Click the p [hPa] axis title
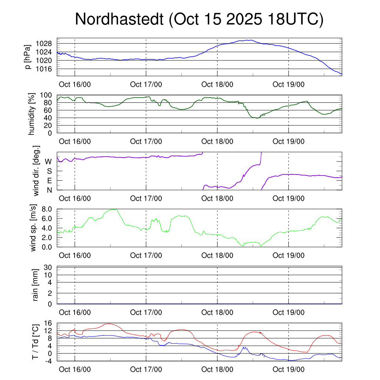click(x=27, y=56)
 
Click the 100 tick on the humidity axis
click(x=49, y=95)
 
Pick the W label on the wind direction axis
click(x=48, y=161)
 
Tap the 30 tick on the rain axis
click(x=50, y=267)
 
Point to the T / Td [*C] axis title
click(x=35, y=342)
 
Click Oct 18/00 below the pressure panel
click(x=217, y=85)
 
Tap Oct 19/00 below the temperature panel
click(x=288, y=370)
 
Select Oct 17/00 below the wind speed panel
click(x=146, y=256)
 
